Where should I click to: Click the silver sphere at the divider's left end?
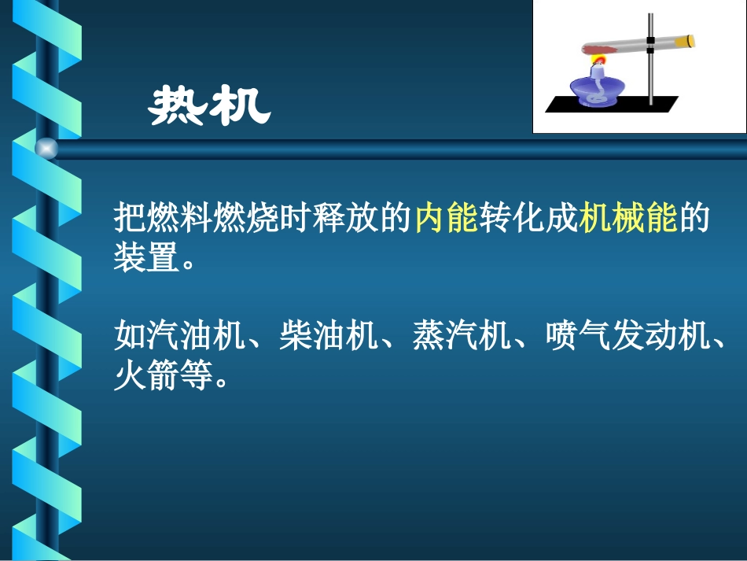[x=46, y=148]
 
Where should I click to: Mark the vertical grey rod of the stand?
[x=651, y=79]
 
